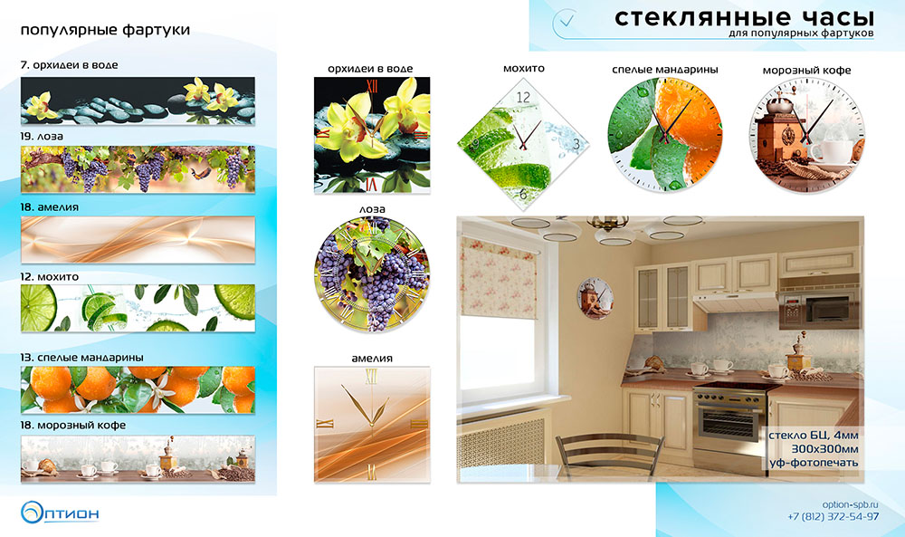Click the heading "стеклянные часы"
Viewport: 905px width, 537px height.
[743, 17]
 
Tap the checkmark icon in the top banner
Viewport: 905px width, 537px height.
[567, 22]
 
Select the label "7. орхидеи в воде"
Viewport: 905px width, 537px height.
[70, 64]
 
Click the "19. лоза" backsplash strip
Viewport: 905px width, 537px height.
[138, 169]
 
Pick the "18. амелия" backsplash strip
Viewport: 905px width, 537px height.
[138, 240]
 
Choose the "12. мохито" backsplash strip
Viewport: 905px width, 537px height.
[138, 308]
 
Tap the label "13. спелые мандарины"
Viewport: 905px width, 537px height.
[82, 358]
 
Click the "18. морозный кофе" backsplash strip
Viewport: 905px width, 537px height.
[138, 458]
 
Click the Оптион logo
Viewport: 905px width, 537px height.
[60, 513]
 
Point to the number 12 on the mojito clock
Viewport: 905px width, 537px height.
[523, 98]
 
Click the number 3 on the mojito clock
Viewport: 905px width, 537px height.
[576, 144]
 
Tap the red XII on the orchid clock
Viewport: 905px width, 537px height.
[372, 86]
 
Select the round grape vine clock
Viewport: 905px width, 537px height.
[372, 274]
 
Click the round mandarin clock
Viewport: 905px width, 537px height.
[665, 135]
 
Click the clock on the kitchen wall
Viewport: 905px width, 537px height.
[595, 299]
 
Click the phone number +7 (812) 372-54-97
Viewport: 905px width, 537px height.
[834, 516]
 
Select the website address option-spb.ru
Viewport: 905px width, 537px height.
[850, 504]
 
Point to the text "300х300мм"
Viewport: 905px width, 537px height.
[824, 448]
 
